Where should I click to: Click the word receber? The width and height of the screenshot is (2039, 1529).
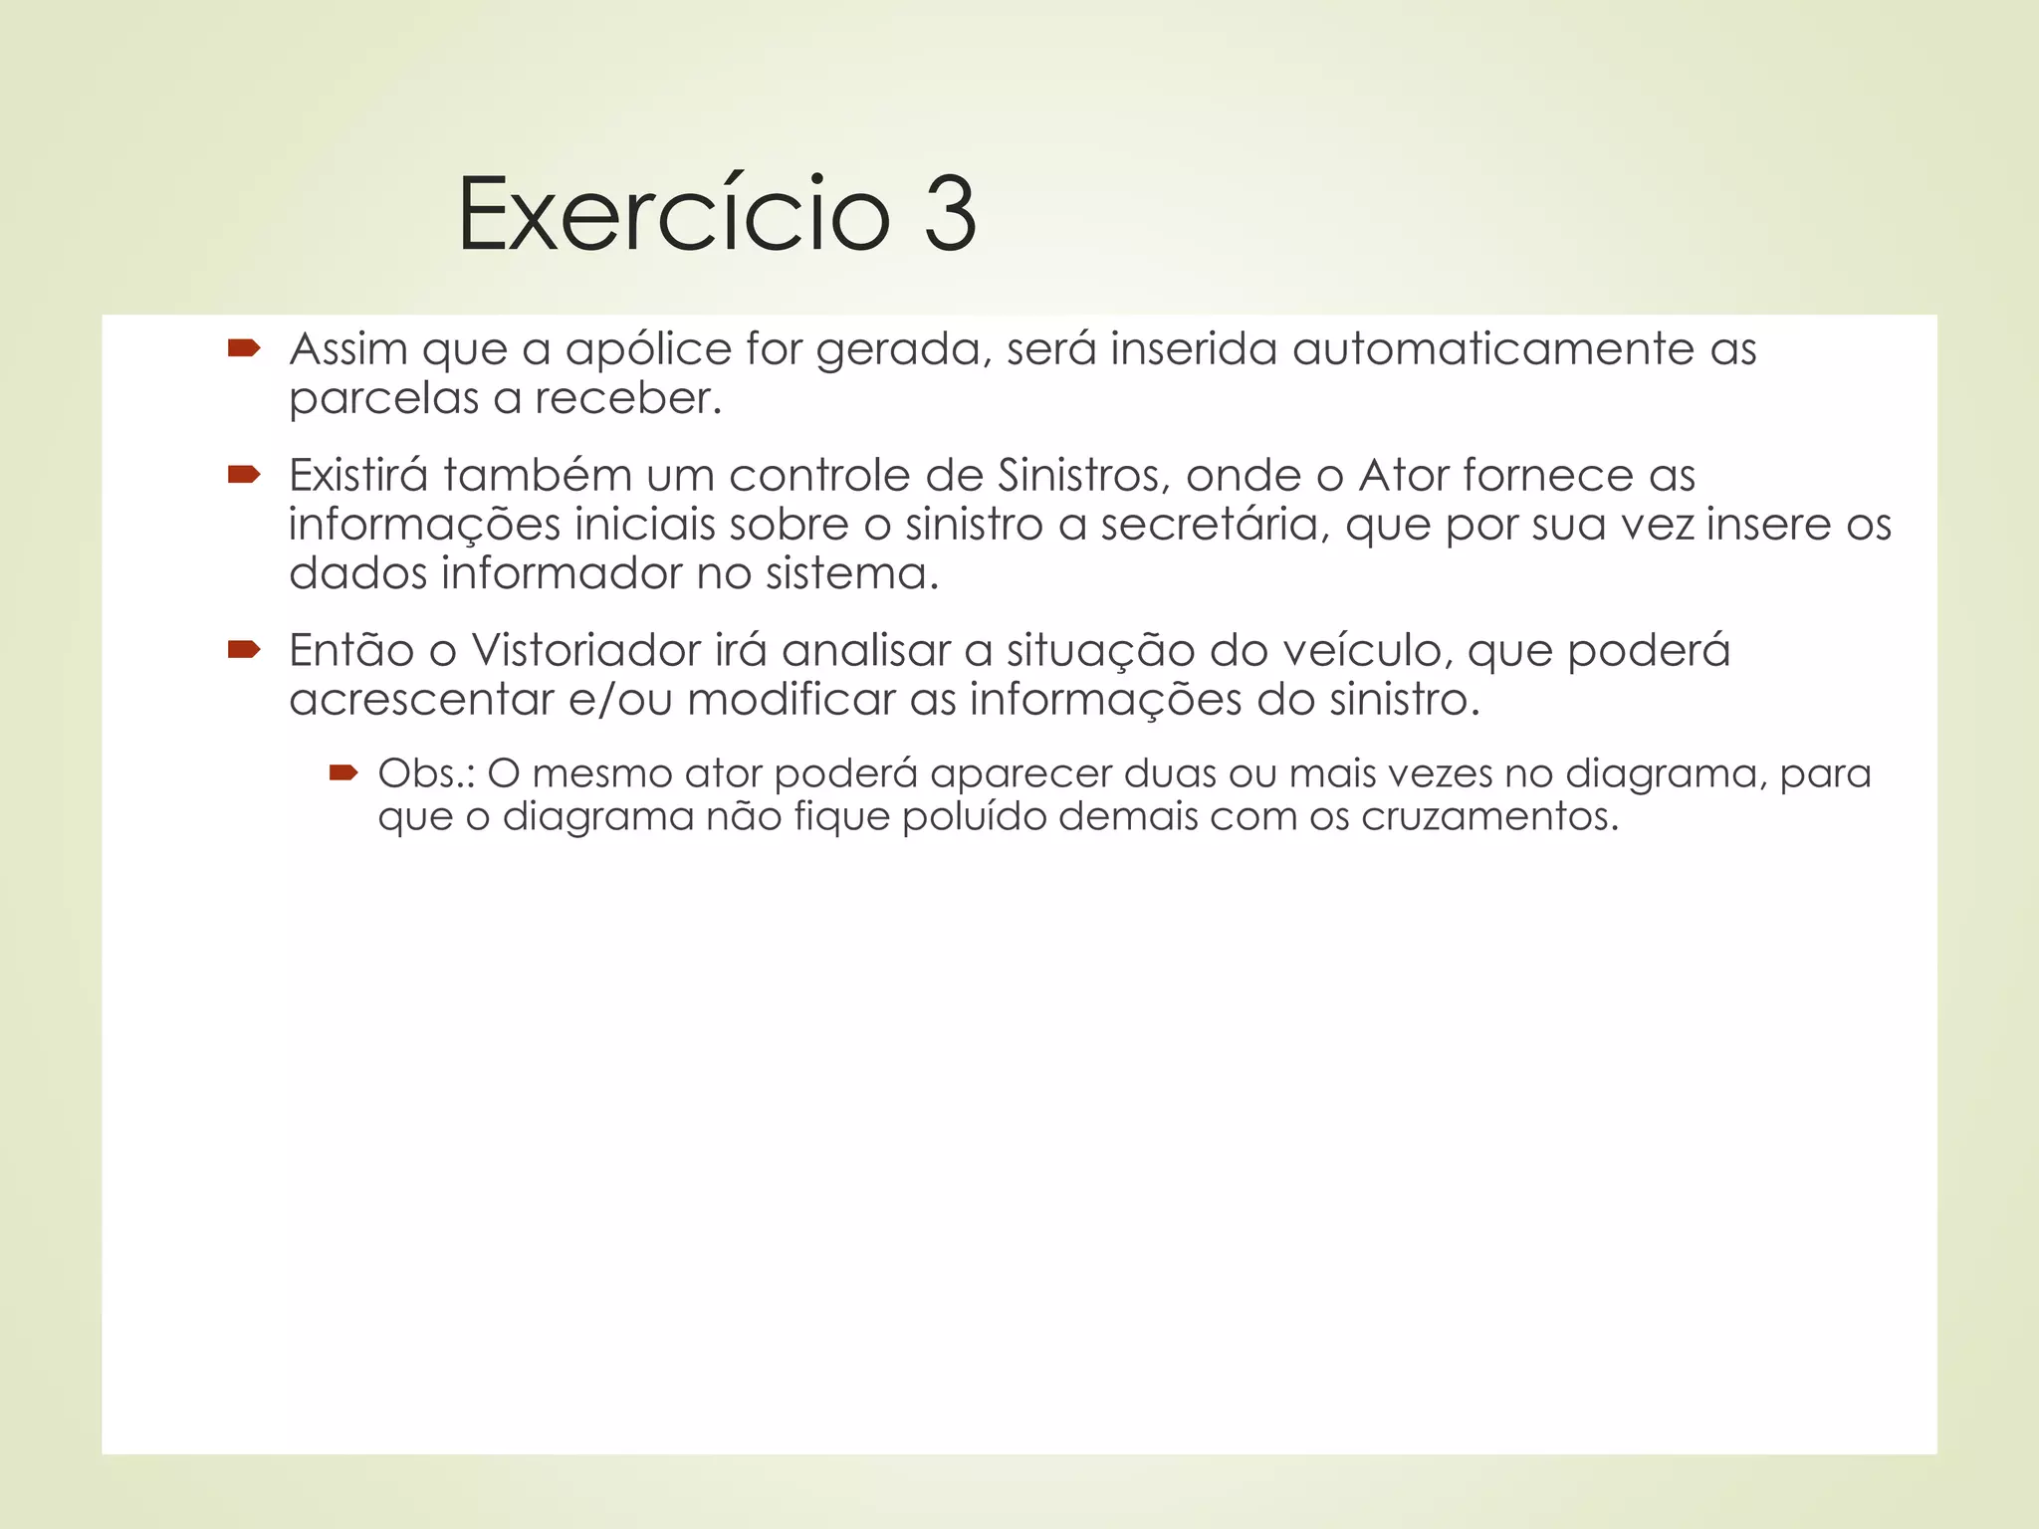[627, 398]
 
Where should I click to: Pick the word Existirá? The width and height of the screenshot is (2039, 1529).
[358, 475]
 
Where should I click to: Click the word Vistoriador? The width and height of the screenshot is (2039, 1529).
[586, 650]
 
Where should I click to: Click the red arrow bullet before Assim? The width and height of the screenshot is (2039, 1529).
[244, 347]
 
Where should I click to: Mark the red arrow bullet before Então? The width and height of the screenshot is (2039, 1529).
[244, 649]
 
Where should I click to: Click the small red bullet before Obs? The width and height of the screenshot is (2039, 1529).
[342, 772]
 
